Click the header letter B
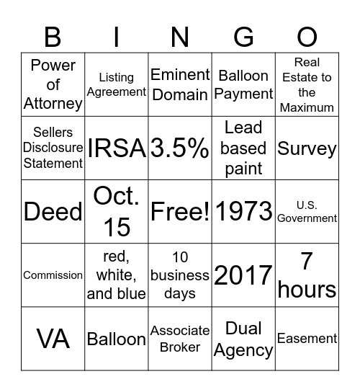pyautogui.click(x=53, y=36)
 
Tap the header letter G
pyautogui.click(x=243, y=36)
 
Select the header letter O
pyautogui.click(x=307, y=36)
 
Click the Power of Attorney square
pyautogui.click(x=53, y=84)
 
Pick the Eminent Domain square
pyautogui.click(x=180, y=84)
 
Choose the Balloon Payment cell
pyautogui.click(x=243, y=84)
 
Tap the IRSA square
pyautogui.click(x=116, y=148)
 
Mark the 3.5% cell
pyautogui.click(x=180, y=148)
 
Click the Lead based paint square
pyautogui.click(x=243, y=148)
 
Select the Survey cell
pyautogui.click(x=307, y=148)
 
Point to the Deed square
pyautogui.click(x=53, y=212)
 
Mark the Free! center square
pyautogui.click(x=180, y=212)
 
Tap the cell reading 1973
pyautogui.click(x=243, y=212)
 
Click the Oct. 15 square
pyautogui.click(x=116, y=212)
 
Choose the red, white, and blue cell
pyautogui.click(x=116, y=275)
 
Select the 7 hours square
pyautogui.click(x=307, y=275)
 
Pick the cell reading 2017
pyautogui.click(x=243, y=275)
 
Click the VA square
pyautogui.click(x=53, y=339)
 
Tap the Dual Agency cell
pyautogui.click(x=243, y=339)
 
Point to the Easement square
pyautogui.click(x=307, y=339)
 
